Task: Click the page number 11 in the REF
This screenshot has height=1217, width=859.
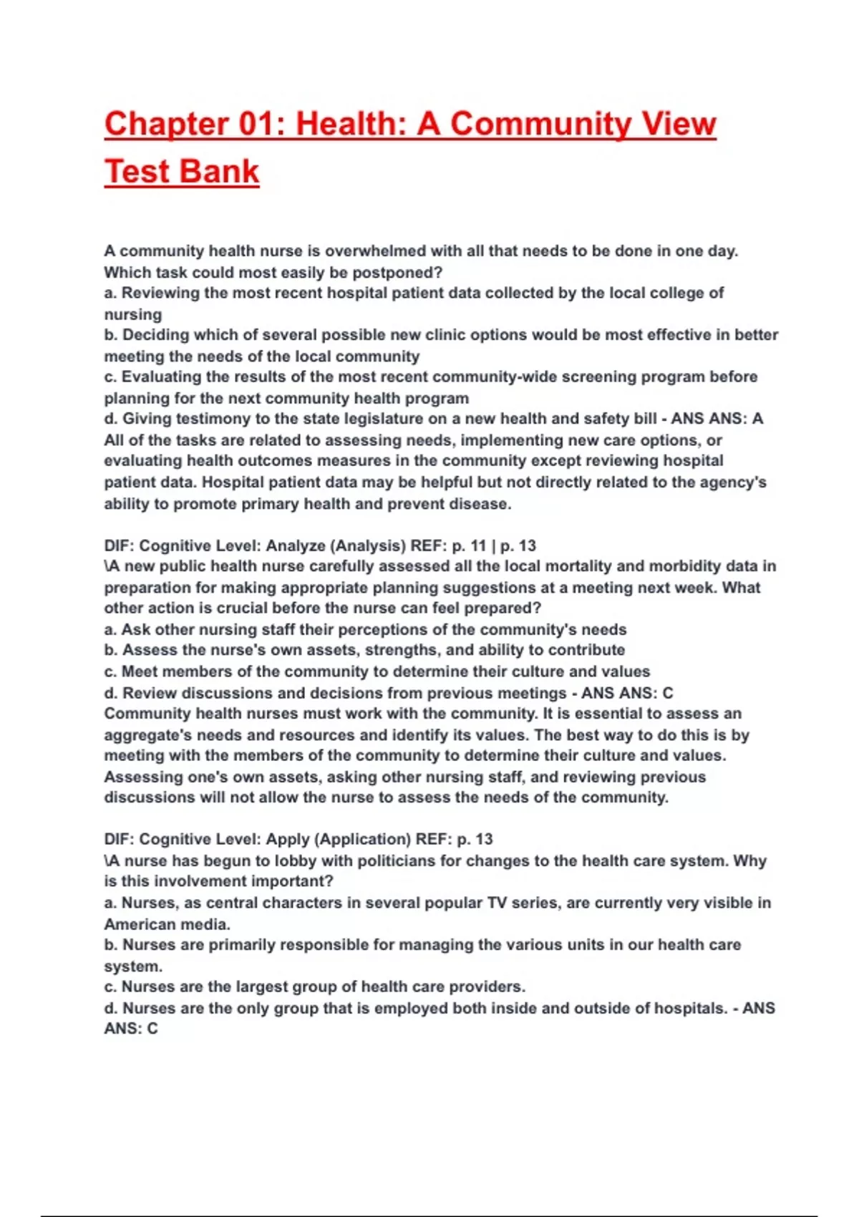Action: point(478,546)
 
